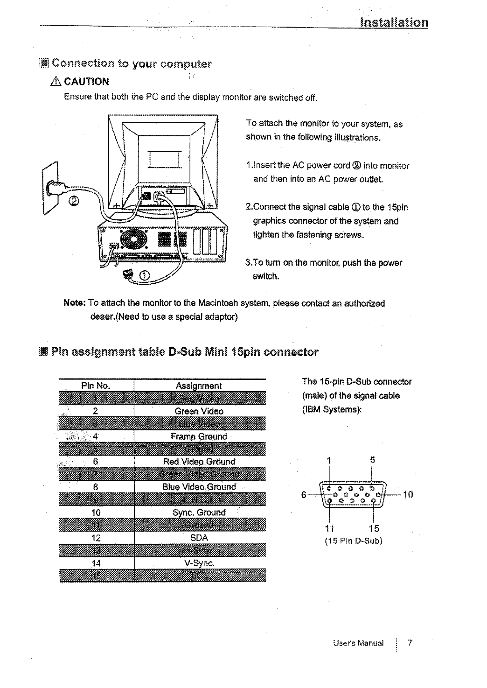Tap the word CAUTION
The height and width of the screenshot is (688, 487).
pos(86,82)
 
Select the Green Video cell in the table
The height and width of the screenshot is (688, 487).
pos(199,411)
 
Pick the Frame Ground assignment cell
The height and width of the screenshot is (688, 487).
pos(199,436)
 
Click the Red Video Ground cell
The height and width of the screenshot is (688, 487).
pos(199,462)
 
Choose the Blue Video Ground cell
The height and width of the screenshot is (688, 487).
pos(199,487)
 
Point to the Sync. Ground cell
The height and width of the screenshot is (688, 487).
pos(199,512)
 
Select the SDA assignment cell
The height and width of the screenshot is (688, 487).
pos(199,538)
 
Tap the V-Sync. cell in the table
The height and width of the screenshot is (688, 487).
pos(199,563)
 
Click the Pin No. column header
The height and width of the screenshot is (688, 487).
pos(96,386)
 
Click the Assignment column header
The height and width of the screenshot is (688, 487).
pos(199,386)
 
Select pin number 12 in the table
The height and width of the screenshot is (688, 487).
pos(96,538)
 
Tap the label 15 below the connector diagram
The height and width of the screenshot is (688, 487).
pos(374,528)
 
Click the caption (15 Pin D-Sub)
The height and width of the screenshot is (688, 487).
pos(354,541)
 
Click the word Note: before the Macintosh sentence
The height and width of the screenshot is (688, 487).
pos(74,303)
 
